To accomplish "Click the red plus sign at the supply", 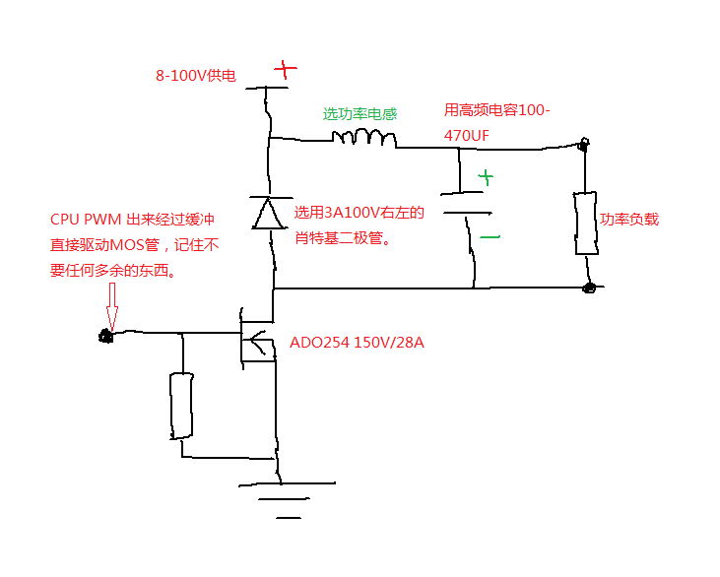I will click(284, 69).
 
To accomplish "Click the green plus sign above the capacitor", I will click(485, 178).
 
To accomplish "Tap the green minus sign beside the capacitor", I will click(489, 237).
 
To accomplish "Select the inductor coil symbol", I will click(363, 138).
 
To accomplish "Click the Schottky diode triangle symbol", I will click(267, 212).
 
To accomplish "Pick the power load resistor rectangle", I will click(585, 224).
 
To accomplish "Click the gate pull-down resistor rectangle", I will click(181, 405).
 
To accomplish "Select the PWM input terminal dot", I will click(104, 337).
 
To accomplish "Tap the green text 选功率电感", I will click(360, 113).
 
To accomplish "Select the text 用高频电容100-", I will click(496, 110).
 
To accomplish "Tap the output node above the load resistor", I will click(583, 147).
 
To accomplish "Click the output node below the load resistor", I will click(589, 288).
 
